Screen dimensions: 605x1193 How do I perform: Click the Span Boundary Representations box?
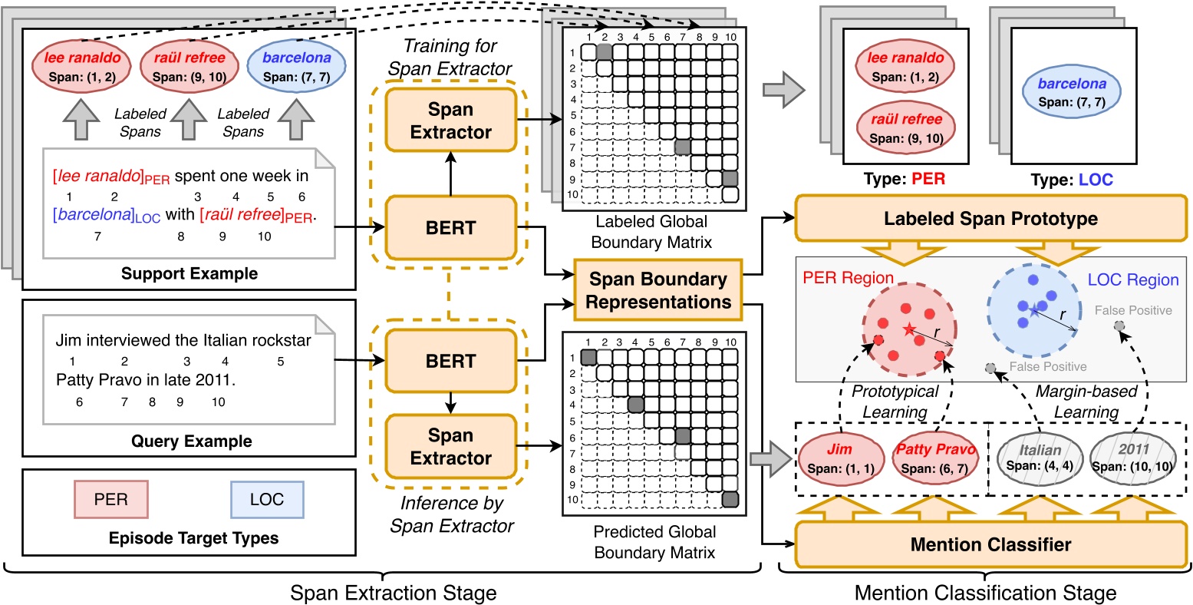657,290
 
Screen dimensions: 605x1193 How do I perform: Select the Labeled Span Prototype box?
990,218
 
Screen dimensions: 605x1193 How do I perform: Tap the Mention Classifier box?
990,545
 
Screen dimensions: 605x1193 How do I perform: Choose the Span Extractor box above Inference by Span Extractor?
450,447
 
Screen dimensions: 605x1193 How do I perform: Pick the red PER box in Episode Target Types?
111,499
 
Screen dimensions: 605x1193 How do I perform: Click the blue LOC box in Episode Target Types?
266,499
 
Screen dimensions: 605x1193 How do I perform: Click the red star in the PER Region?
909,330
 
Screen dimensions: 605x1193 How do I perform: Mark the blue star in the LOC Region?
1034,312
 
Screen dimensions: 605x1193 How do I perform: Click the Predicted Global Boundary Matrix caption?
654,541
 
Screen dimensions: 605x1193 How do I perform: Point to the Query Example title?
189,441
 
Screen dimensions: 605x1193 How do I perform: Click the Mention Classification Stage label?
984,593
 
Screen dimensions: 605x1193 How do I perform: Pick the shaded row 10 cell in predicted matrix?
730,499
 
